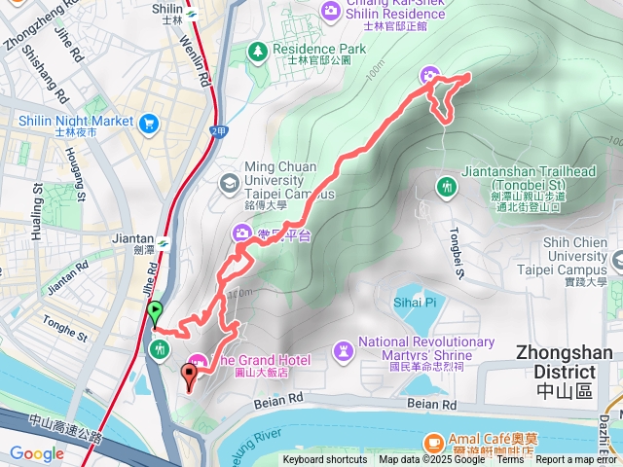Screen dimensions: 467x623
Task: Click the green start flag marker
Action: [x=154, y=313]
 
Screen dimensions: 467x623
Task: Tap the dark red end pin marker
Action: [x=189, y=372]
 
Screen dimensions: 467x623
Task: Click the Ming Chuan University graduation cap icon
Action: [x=228, y=182]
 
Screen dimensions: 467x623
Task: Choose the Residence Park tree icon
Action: [x=258, y=49]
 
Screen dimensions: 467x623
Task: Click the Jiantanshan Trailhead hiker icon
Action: [x=448, y=186]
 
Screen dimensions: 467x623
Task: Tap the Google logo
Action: [x=36, y=453]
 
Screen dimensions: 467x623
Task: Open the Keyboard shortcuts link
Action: [x=325, y=460]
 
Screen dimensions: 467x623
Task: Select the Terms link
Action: [x=510, y=460]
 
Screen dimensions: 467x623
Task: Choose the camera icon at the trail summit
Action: [x=429, y=75]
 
